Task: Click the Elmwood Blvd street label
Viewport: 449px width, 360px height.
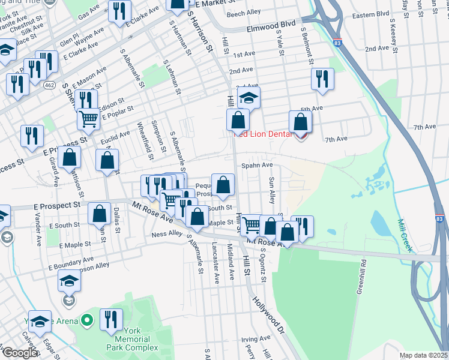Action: pyautogui.click(x=272, y=28)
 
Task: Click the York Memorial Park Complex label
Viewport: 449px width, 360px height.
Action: pyautogui.click(x=133, y=343)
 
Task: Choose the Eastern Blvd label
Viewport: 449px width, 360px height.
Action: pyautogui.click(x=371, y=14)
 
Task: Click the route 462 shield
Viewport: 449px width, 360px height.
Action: pyautogui.click(x=50, y=87)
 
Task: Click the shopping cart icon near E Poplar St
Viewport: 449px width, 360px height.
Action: pyautogui.click(x=88, y=119)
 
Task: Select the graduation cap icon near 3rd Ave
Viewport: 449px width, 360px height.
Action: pyautogui.click(x=249, y=98)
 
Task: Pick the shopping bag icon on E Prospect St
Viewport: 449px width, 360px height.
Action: pyautogui.click(x=99, y=213)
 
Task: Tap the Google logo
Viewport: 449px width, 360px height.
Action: pyautogui.click(x=19, y=353)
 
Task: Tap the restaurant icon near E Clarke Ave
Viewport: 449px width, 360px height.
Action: pyautogui.click(x=120, y=11)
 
